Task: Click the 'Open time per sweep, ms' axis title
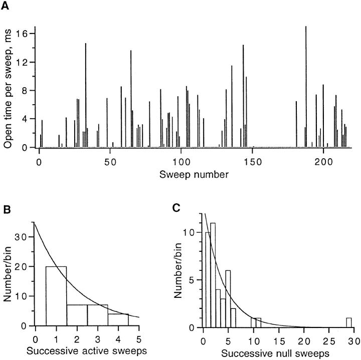coord(9,90)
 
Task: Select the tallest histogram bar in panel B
coord(56,296)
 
